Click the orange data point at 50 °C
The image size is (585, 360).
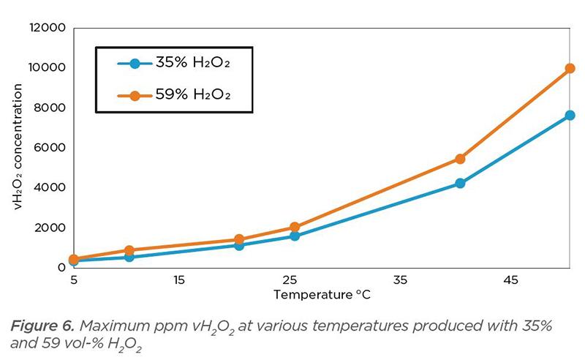click(x=570, y=69)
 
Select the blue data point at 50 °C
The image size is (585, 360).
click(x=570, y=116)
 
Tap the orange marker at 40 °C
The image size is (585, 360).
click(x=460, y=159)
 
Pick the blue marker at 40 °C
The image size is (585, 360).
click(x=460, y=183)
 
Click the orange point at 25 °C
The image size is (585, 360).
click(x=294, y=228)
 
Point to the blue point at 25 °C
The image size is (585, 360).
click(x=294, y=236)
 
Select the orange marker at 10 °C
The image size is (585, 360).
click(x=129, y=250)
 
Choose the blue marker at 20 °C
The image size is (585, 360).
click(x=239, y=245)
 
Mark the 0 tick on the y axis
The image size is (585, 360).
click(x=63, y=267)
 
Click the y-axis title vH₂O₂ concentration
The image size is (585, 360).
click(x=20, y=147)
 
